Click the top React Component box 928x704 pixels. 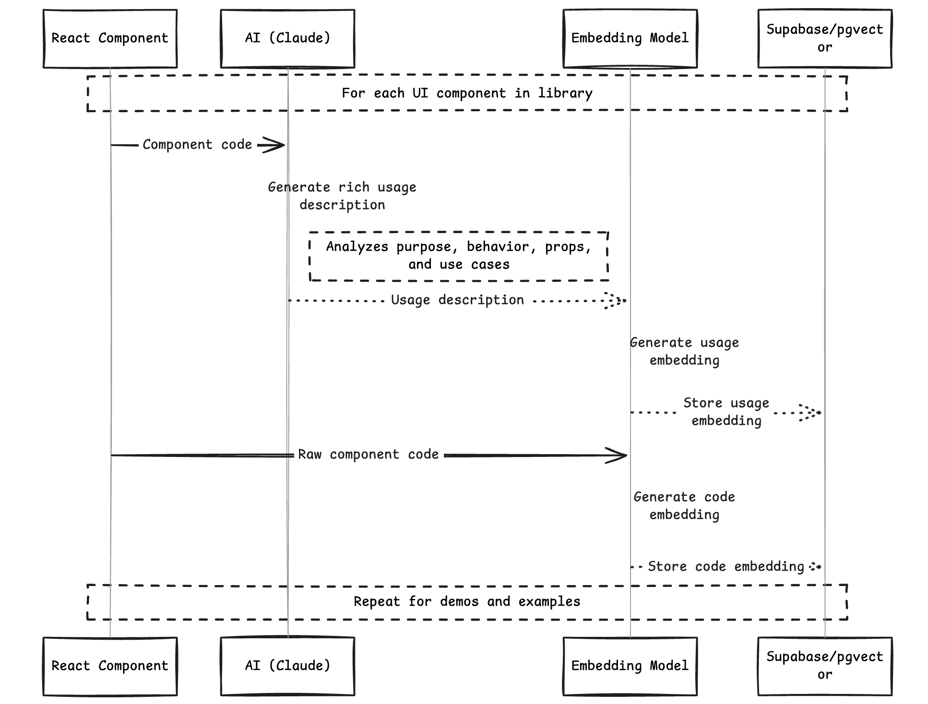pyautogui.click(x=110, y=38)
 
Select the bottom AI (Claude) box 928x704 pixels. pyautogui.click(x=287, y=666)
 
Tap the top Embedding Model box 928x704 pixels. pyautogui.click(x=630, y=38)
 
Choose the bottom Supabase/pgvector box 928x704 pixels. pyautogui.click(x=824, y=666)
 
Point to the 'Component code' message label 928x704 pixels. pyautogui.click(x=197, y=144)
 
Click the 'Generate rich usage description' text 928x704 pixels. pyautogui.click(x=342, y=196)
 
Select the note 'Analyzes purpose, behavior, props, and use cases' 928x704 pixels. pyautogui.click(x=459, y=256)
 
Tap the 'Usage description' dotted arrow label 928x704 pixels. pyautogui.click(x=457, y=300)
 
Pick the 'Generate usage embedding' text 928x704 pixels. pyautogui.click(x=684, y=351)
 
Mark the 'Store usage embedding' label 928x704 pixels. pyautogui.click(x=726, y=411)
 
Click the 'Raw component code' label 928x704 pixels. pyautogui.click(x=368, y=454)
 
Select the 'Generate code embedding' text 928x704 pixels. pyautogui.click(x=684, y=505)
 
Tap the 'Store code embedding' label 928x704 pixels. pyautogui.click(x=726, y=566)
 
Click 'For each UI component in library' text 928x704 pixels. pyautogui.click(x=467, y=93)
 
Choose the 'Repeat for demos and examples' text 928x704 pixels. pyautogui.click(x=467, y=601)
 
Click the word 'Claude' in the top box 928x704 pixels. pyautogui.click(x=299, y=38)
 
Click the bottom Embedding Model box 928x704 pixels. pyautogui.click(x=630, y=666)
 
